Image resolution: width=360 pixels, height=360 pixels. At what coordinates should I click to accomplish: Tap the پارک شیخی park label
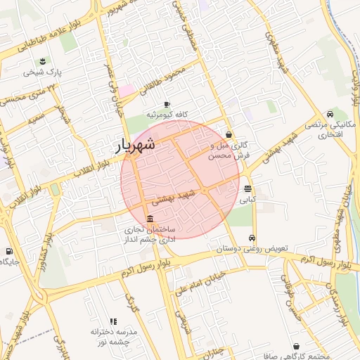coord(43,72)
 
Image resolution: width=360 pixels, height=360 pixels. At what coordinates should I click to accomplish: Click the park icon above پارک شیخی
coord(43,60)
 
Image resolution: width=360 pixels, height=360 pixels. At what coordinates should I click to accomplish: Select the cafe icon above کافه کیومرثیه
coord(167,104)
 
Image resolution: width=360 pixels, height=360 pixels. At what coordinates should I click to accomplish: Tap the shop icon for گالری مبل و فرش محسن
coord(229,134)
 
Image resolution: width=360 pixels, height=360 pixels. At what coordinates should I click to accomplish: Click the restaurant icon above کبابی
coord(247,188)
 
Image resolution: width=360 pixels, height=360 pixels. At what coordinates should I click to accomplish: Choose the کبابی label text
coord(247,200)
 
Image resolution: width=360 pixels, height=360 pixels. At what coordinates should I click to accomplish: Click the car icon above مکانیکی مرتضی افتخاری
coord(330,113)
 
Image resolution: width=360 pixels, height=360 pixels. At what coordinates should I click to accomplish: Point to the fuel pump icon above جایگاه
coord(8,251)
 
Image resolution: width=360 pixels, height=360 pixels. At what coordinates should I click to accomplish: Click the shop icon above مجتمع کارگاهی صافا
coord(295,347)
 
